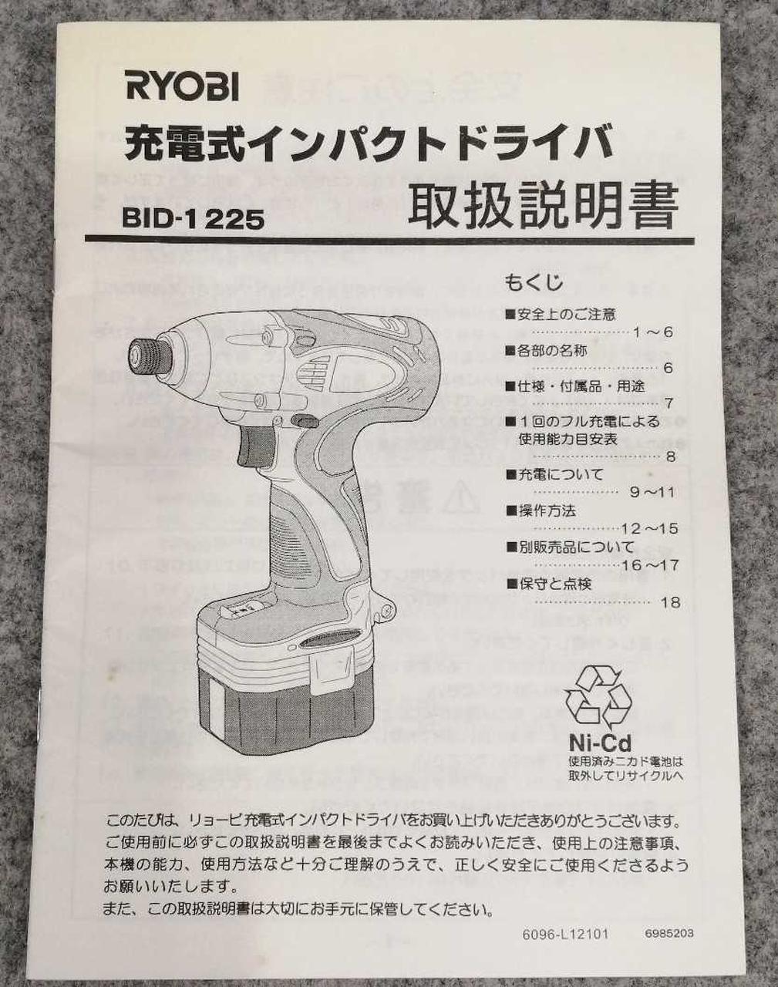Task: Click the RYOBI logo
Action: (183, 88)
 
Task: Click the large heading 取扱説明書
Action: (543, 205)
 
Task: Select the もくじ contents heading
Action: (534, 282)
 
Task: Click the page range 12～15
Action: (649, 529)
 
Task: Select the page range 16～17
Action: (650, 565)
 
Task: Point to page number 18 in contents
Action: (670, 602)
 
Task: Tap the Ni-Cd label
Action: (600, 743)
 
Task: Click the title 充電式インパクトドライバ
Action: (369, 143)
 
